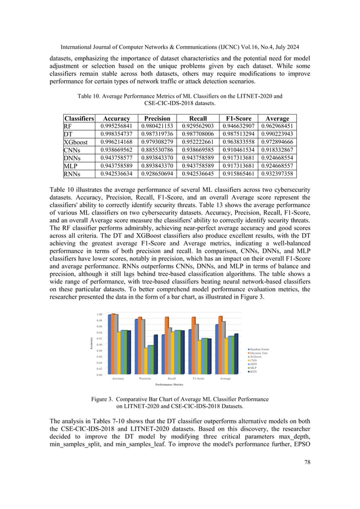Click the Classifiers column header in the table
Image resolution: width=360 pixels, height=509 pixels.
coord(79,119)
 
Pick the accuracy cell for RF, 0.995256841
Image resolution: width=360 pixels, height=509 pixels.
coord(120,126)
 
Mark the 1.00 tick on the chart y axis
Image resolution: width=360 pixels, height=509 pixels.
coord(99,314)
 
